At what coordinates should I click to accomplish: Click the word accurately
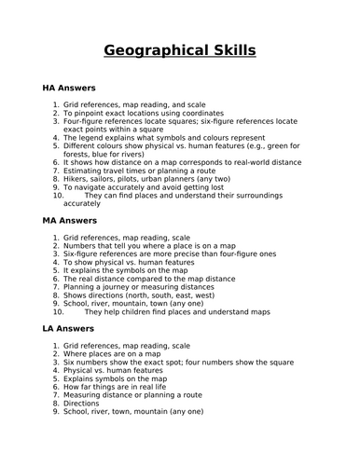[x=82, y=202]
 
